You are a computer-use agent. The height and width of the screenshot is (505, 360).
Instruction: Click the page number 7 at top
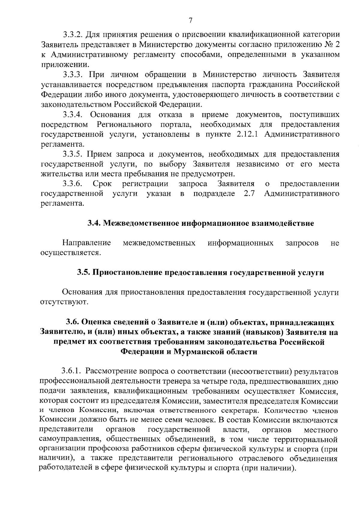click(190, 20)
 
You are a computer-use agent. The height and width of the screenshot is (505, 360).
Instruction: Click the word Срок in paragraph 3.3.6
click(102, 184)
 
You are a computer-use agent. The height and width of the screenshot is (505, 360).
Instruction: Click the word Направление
click(87, 243)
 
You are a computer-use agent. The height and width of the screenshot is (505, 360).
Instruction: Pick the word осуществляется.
click(70, 253)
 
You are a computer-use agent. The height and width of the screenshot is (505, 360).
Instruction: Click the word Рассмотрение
click(110, 372)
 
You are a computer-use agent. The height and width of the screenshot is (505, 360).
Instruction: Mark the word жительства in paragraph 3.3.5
click(60, 174)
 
